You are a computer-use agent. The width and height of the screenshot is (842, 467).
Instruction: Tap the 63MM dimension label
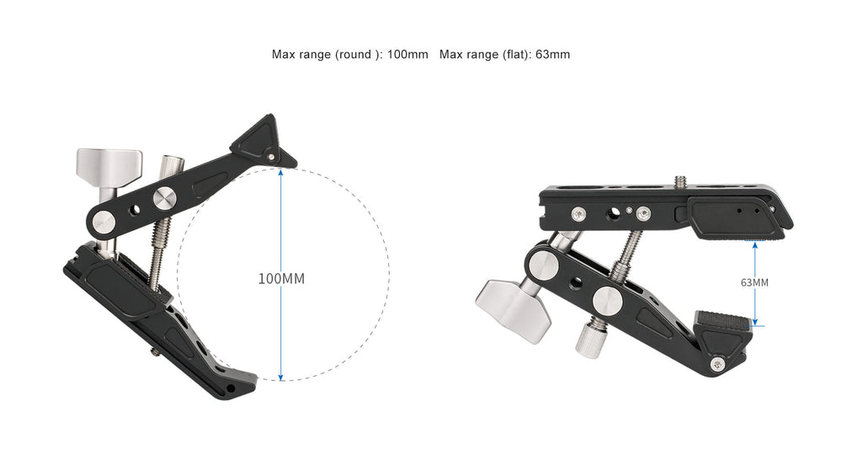pyautogui.click(x=754, y=282)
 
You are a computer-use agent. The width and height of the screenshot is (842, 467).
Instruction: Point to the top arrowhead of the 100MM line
pyautogui.click(x=280, y=172)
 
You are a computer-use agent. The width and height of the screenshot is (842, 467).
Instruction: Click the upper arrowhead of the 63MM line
pyautogui.click(x=756, y=244)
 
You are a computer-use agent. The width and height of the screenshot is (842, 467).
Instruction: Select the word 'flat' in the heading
pyautogui.click(x=512, y=55)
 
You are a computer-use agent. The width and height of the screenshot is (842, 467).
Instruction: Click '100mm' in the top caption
pyautogui.click(x=408, y=55)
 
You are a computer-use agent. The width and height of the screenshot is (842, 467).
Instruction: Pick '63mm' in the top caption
pyautogui.click(x=552, y=55)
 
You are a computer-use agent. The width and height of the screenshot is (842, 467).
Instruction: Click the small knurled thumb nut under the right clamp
pyautogui.click(x=587, y=340)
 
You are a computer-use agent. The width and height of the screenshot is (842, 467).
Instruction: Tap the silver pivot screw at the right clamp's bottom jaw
pyautogui.click(x=717, y=363)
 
